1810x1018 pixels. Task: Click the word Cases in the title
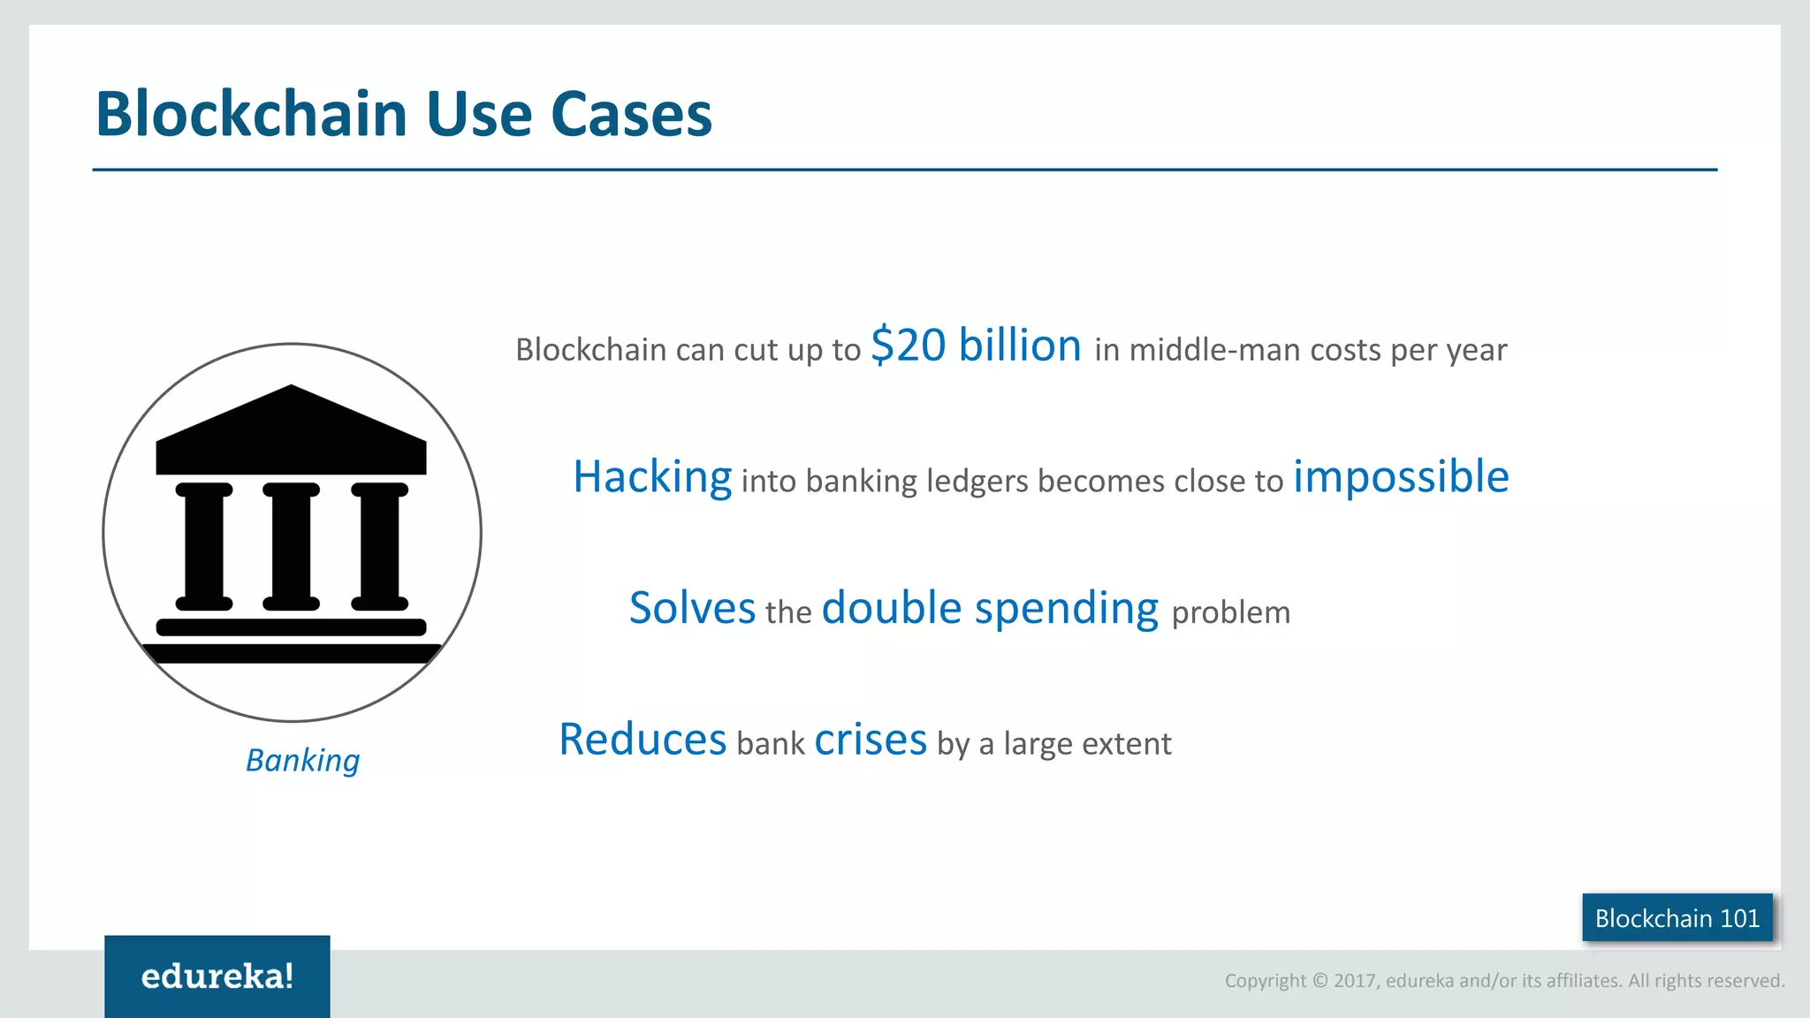point(630,115)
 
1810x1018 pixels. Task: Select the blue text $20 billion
point(976,346)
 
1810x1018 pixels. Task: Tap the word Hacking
point(652,478)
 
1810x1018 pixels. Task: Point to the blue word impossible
point(1401,477)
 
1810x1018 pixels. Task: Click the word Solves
point(692,609)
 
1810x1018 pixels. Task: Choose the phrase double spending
point(989,609)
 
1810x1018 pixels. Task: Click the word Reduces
point(643,740)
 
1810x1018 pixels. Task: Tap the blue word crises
point(870,740)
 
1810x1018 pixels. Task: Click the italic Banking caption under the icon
point(302,760)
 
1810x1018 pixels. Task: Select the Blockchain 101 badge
point(1677,918)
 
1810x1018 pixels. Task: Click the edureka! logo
point(217,976)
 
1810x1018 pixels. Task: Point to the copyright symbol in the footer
point(1319,981)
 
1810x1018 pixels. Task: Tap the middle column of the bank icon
point(291,546)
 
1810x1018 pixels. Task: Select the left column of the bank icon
point(204,546)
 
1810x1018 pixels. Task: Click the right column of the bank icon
point(379,546)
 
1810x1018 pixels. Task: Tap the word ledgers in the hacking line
point(977,482)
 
